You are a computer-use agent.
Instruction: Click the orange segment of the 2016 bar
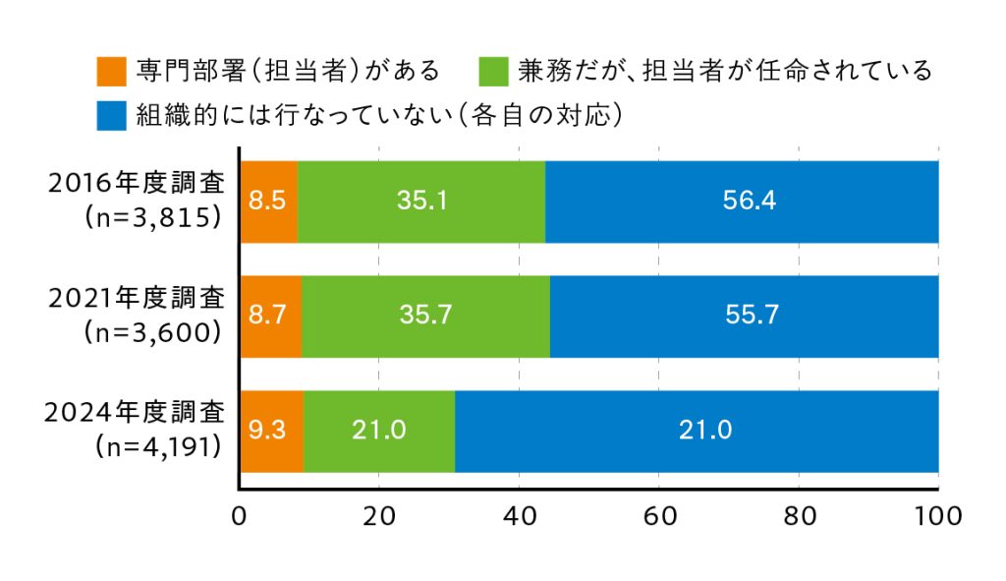coord(268,201)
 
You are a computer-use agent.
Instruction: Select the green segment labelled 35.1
coord(421,201)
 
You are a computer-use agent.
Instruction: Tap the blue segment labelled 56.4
coord(742,201)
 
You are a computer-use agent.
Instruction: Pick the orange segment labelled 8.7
coord(270,316)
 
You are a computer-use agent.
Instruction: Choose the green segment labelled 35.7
coord(425,316)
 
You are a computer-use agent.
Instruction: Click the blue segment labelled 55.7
coord(744,316)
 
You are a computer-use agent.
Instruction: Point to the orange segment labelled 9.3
coord(271,431)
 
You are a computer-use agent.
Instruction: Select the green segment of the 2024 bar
coord(379,431)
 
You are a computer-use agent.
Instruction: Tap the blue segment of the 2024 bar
coord(697,431)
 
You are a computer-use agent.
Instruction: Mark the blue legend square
coord(113,115)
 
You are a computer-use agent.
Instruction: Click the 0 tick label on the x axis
coord(239,517)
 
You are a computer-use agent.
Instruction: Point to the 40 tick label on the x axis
coord(518,517)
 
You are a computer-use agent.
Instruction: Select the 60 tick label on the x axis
coord(658,517)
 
